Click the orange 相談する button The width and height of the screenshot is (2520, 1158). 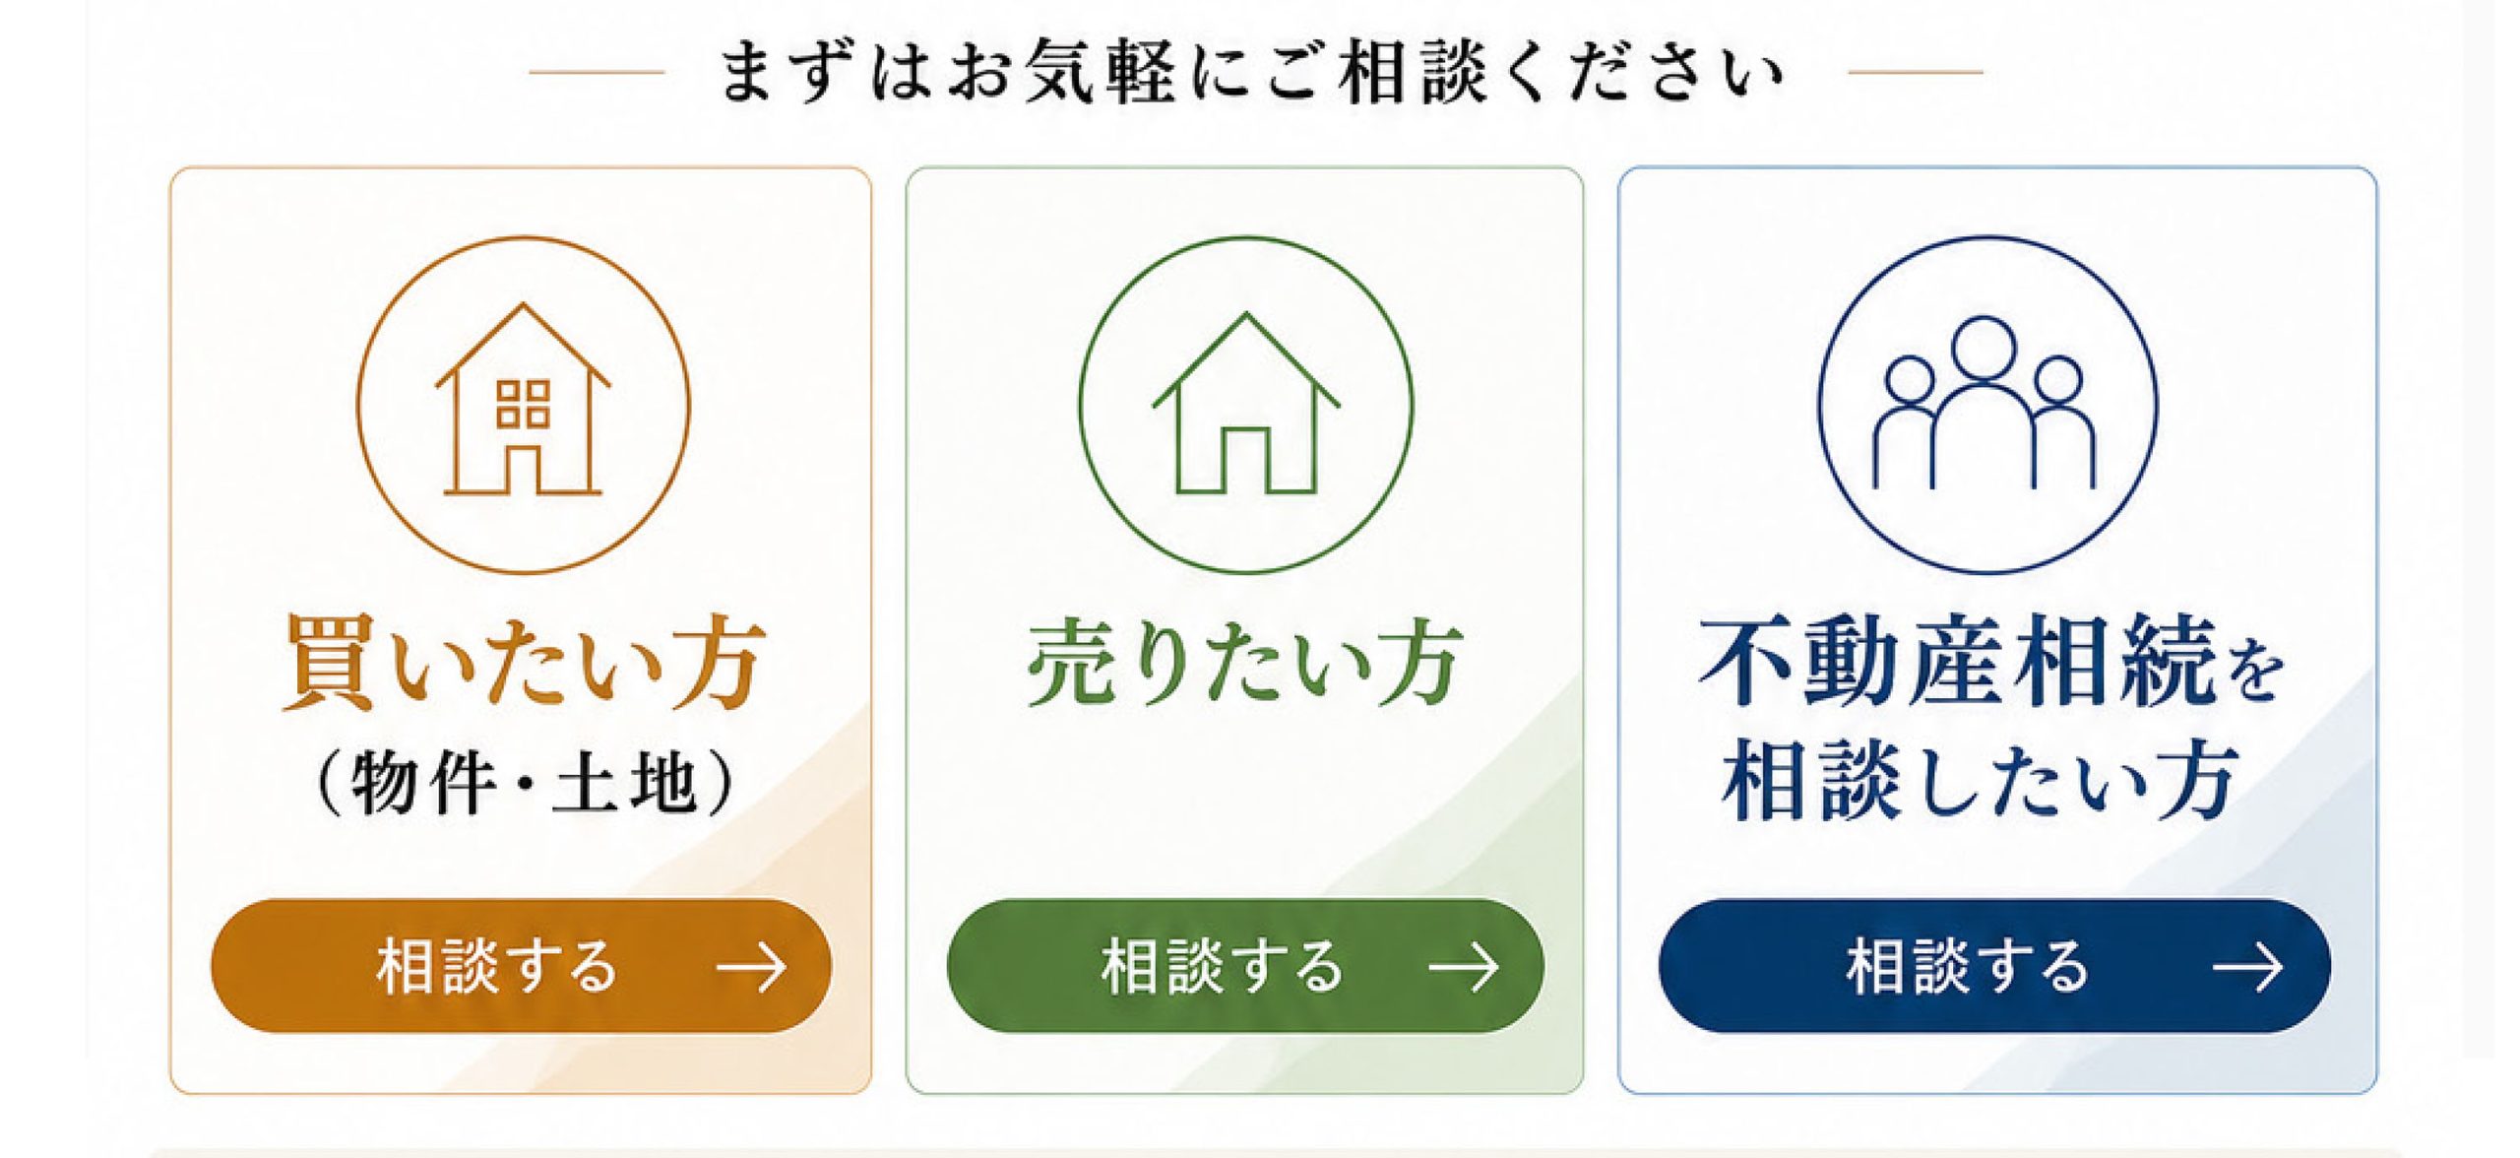pyautogui.click(x=521, y=965)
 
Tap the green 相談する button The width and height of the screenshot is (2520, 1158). pyautogui.click(x=1245, y=965)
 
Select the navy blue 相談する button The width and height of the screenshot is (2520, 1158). pyautogui.click(x=1994, y=965)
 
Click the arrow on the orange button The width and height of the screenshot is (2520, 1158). pyautogui.click(x=751, y=967)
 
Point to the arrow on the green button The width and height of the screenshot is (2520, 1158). pyautogui.click(x=1464, y=967)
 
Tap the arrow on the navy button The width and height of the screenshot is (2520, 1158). pyautogui.click(x=2247, y=967)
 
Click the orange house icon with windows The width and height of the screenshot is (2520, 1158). pyautogui.click(x=523, y=398)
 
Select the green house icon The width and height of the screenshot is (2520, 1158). pyautogui.click(x=1245, y=403)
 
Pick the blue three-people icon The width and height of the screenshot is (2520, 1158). pyautogui.click(x=1984, y=402)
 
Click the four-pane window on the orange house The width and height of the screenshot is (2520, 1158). pyautogui.click(x=523, y=404)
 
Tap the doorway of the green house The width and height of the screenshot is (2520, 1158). pyautogui.click(x=1245, y=460)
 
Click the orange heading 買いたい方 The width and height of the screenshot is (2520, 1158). pyautogui.click(x=524, y=662)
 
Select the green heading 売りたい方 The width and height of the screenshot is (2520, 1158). pyautogui.click(x=1245, y=662)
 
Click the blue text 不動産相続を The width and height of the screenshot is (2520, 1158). pyautogui.click(x=1990, y=662)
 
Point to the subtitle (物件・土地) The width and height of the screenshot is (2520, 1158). pyautogui.click(x=523, y=783)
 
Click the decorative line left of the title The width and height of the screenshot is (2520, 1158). pyautogui.click(x=597, y=72)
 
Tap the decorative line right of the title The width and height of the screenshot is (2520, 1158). pyautogui.click(x=1916, y=72)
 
